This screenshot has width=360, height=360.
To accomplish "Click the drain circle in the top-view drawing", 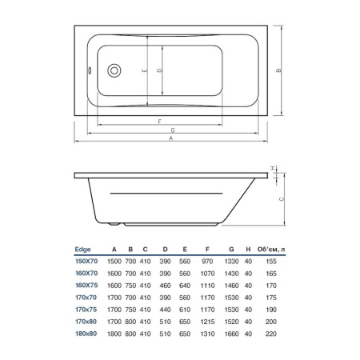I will point(114,70).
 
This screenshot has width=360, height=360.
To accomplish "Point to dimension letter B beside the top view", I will point(278,70).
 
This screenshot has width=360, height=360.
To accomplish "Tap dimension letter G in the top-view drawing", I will point(173,130).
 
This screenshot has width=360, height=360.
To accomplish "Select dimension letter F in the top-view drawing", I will point(161,121).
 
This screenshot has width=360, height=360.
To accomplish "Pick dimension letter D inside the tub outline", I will point(160,71).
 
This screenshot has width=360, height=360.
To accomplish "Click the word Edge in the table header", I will point(82,249).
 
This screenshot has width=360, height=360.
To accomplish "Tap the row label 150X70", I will point(85,261).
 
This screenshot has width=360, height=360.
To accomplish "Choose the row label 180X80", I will point(85,334).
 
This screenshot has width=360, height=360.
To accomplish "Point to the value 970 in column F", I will point(207,261).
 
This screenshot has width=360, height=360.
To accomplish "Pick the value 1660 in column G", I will point(231,334).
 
